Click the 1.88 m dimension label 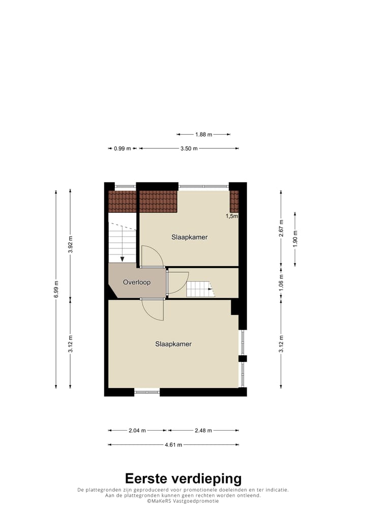[x=203, y=135]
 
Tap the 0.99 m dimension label [x=123, y=148]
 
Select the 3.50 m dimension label [x=189, y=148]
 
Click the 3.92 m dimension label [x=70, y=244]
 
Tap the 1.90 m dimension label [x=295, y=238]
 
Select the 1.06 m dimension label [x=281, y=281]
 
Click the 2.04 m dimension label [x=137, y=430]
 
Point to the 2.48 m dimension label [x=202, y=430]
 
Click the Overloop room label [x=136, y=282]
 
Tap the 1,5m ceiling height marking [x=232, y=216]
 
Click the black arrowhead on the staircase [x=122, y=258]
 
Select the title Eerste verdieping [x=183, y=478]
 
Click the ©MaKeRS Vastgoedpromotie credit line [x=183, y=501]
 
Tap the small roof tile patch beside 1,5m [x=234, y=201]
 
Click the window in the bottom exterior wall [x=147, y=391]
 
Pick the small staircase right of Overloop [x=200, y=289]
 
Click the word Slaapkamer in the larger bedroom [x=173, y=344]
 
